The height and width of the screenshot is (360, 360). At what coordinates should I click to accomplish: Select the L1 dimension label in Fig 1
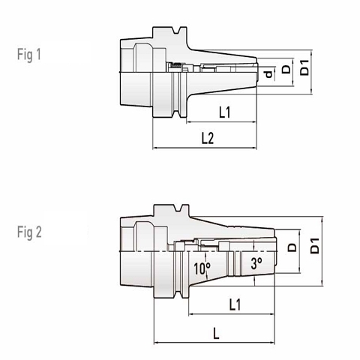pos(223,112)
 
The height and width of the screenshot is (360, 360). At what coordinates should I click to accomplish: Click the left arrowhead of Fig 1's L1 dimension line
pos(188,121)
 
